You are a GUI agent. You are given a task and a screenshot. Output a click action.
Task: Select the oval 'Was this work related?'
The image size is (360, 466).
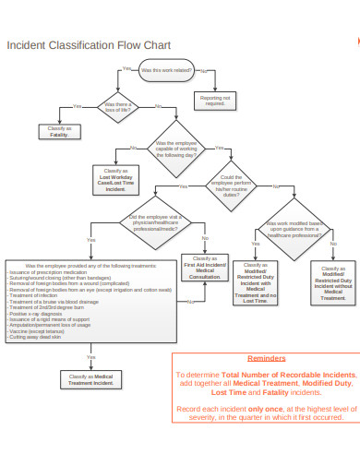coord(166,69)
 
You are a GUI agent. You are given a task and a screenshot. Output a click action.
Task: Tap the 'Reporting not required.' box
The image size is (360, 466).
coord(214,100)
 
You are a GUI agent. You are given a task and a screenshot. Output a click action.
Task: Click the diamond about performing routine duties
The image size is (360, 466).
coord(232,185)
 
